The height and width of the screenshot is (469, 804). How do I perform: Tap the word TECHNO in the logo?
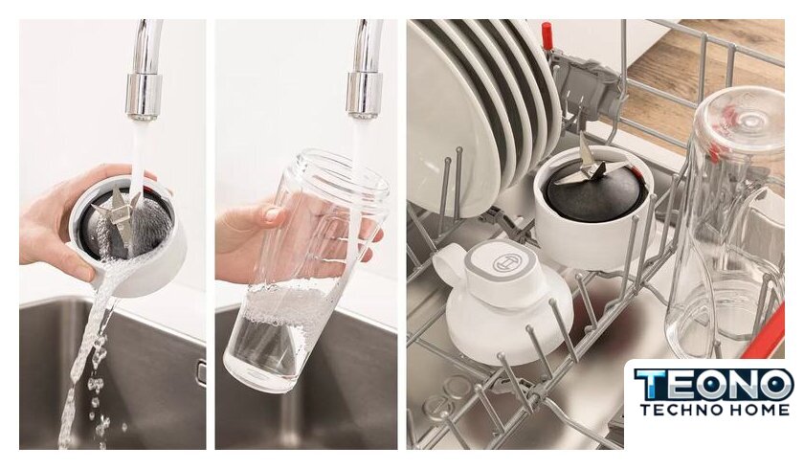coord(678,410)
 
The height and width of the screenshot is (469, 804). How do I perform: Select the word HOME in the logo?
coord(757,410)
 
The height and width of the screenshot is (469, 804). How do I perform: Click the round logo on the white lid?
coord(506,263)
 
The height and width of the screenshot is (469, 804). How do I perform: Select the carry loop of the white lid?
coord(448,264)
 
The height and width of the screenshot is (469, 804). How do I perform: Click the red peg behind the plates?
coord(547,34)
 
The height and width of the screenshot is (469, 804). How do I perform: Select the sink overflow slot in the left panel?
coord(201,372)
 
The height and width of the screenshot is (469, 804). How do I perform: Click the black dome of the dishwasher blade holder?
coord(592,193)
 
